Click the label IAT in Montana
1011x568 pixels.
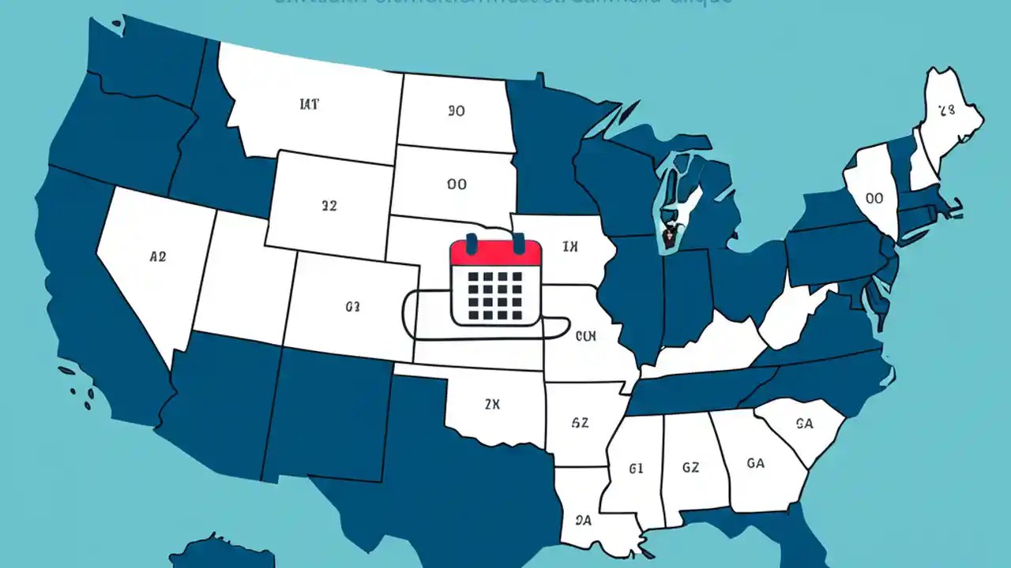(x=310, y=104)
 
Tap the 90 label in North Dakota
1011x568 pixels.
(x=456, y=111)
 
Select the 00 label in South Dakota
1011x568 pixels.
(x=456, y=185)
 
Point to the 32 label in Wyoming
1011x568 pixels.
(x=329, y=206)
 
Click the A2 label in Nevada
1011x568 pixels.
(x=157, y=256)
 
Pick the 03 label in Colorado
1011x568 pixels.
(x=352, y=306)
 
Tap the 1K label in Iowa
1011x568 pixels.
(x=570, y=247)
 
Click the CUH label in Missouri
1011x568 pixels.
(x=585, y=336)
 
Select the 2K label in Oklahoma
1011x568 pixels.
(x=492, y=405)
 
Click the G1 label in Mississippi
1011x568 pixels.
(x=636, y=469)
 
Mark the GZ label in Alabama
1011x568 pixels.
(x=690, y=468)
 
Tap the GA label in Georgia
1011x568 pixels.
(x=755, y=463)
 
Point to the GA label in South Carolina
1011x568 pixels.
(x=804, y=424)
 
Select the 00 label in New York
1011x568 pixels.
(x=874, y=199)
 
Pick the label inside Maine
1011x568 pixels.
(x=946, y=110)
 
